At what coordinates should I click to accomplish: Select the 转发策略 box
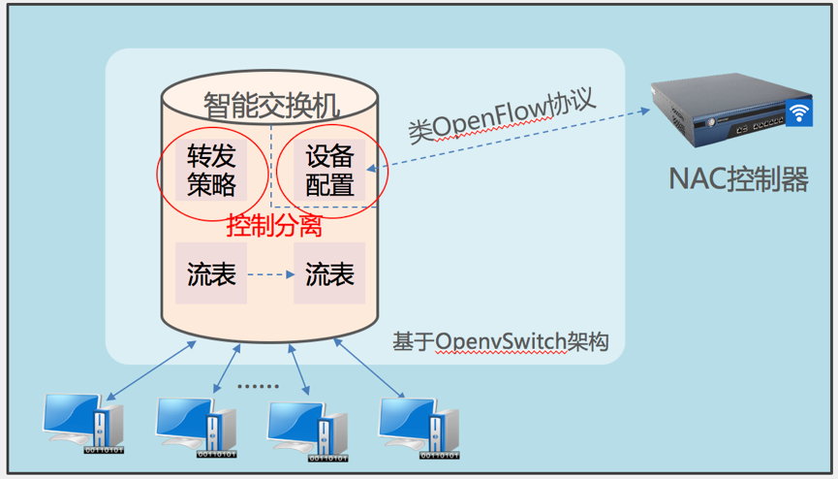click(x=211, y=170)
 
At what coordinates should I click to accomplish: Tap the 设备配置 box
click(x=329, y=171)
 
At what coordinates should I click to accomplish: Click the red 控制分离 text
click(x=273, y=227)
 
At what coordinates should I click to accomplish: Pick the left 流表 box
click(x=211, y=274)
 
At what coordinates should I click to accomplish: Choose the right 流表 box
click(x=329, y=274)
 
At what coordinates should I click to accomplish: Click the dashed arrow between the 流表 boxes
click(x=270, y=274)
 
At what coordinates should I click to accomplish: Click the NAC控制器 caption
click(x=738, y=178)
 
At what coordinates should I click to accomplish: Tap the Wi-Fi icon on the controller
click(x=797, y=112)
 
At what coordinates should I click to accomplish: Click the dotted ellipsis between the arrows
click(x=258, y=386)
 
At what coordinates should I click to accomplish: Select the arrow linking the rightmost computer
click(x=367, y=367)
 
